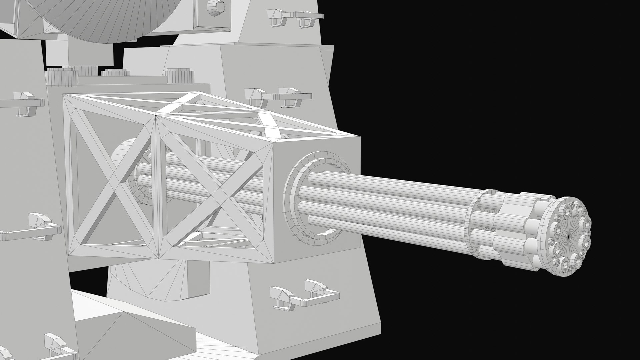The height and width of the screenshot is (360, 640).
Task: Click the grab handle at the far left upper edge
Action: click(x=23, y=103)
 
